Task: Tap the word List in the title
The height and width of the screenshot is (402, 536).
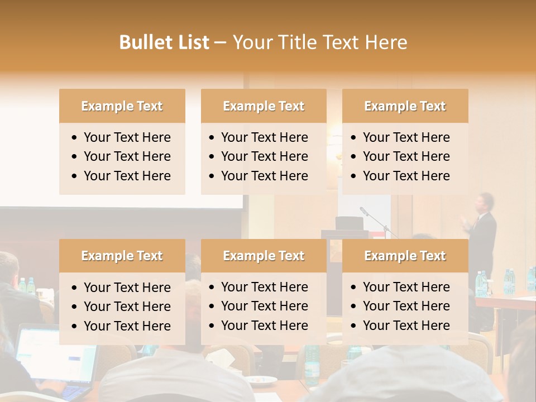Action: [193, 42]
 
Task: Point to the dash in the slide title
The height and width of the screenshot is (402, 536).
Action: [220, 43]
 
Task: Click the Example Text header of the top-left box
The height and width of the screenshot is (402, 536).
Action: [122, 106]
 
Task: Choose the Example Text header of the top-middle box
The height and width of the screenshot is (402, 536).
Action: [264, 106]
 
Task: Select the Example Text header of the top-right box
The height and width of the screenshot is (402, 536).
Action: [405, 106]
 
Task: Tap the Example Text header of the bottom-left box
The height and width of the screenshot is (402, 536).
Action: [122, 256]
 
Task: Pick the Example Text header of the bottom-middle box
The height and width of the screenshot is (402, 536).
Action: [264, 256]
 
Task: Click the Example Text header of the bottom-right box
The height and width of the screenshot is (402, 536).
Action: [405, 256]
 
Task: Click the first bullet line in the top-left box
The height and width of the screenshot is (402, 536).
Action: [127, 137]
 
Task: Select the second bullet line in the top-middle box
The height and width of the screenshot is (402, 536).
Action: [264, 156]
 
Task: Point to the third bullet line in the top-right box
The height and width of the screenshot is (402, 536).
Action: [406, 176]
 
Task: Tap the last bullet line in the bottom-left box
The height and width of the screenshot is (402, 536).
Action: [127, 326]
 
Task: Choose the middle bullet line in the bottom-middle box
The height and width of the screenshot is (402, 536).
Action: [264, 306]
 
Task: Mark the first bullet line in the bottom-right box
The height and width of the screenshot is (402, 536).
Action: [406, 287]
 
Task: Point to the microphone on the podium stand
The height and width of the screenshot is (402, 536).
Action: [365, 211]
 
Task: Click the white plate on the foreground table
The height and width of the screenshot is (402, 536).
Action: [262, 380]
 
